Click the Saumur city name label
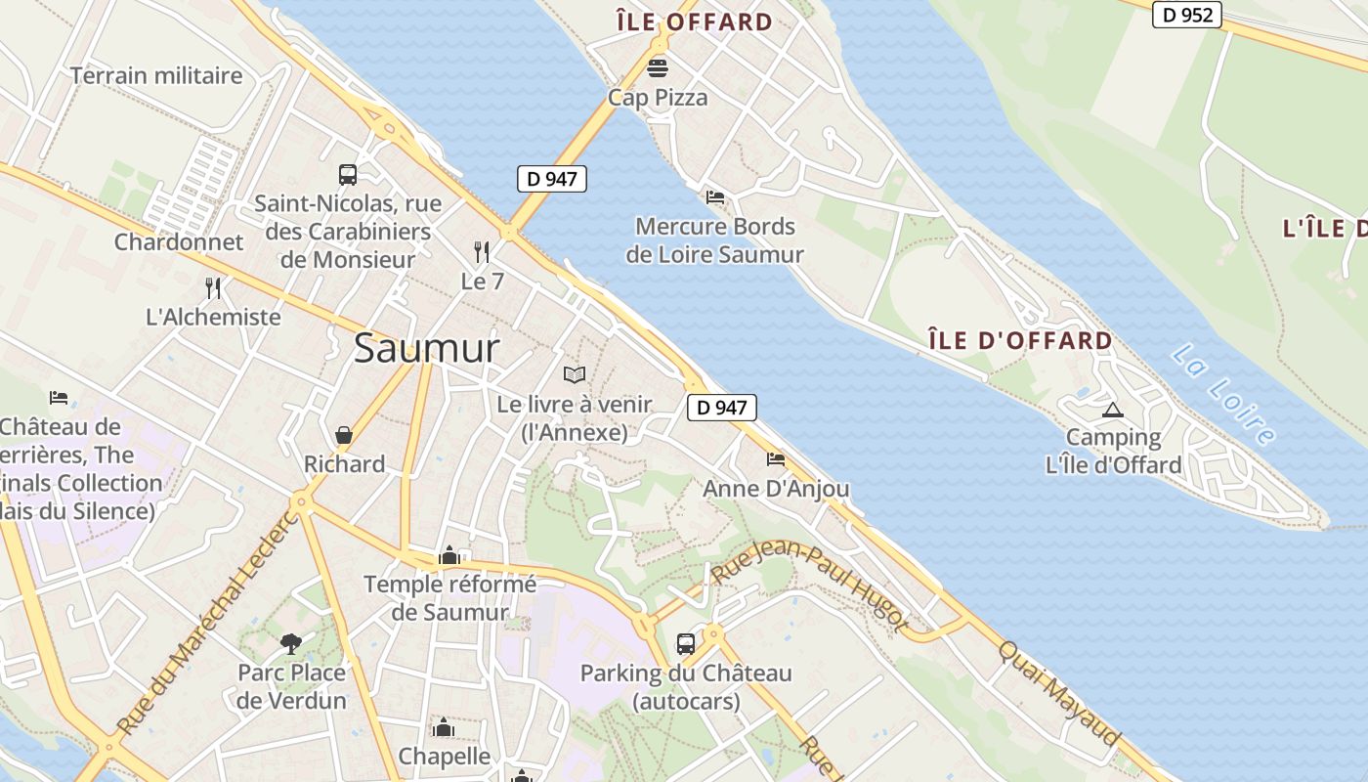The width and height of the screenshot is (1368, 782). [426, 348]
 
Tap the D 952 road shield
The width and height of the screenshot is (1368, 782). [1187, 15]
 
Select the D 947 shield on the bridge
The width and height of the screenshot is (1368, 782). [551, 179]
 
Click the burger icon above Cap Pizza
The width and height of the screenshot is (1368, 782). [658, 67]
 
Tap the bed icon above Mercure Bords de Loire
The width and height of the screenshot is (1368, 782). [715, 196]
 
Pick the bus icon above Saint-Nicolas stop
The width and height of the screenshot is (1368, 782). [347, 175]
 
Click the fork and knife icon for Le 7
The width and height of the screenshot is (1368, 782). [482, 252]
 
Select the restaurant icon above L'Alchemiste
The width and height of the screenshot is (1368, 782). [213, 287]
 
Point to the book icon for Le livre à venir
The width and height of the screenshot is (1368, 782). [575, 374]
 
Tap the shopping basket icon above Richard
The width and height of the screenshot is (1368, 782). [344, 434]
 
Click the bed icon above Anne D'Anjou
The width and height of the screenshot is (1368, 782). [776, 458]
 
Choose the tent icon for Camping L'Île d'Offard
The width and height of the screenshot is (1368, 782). [1112, 410]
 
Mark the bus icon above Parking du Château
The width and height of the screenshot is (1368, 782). [686, 643]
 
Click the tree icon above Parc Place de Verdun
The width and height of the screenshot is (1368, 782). [290, 642]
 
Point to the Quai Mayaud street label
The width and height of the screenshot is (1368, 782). [1059, 692]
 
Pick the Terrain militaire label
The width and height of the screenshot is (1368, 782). [156, 75]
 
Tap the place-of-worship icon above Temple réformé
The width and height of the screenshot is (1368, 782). [449, 555]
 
